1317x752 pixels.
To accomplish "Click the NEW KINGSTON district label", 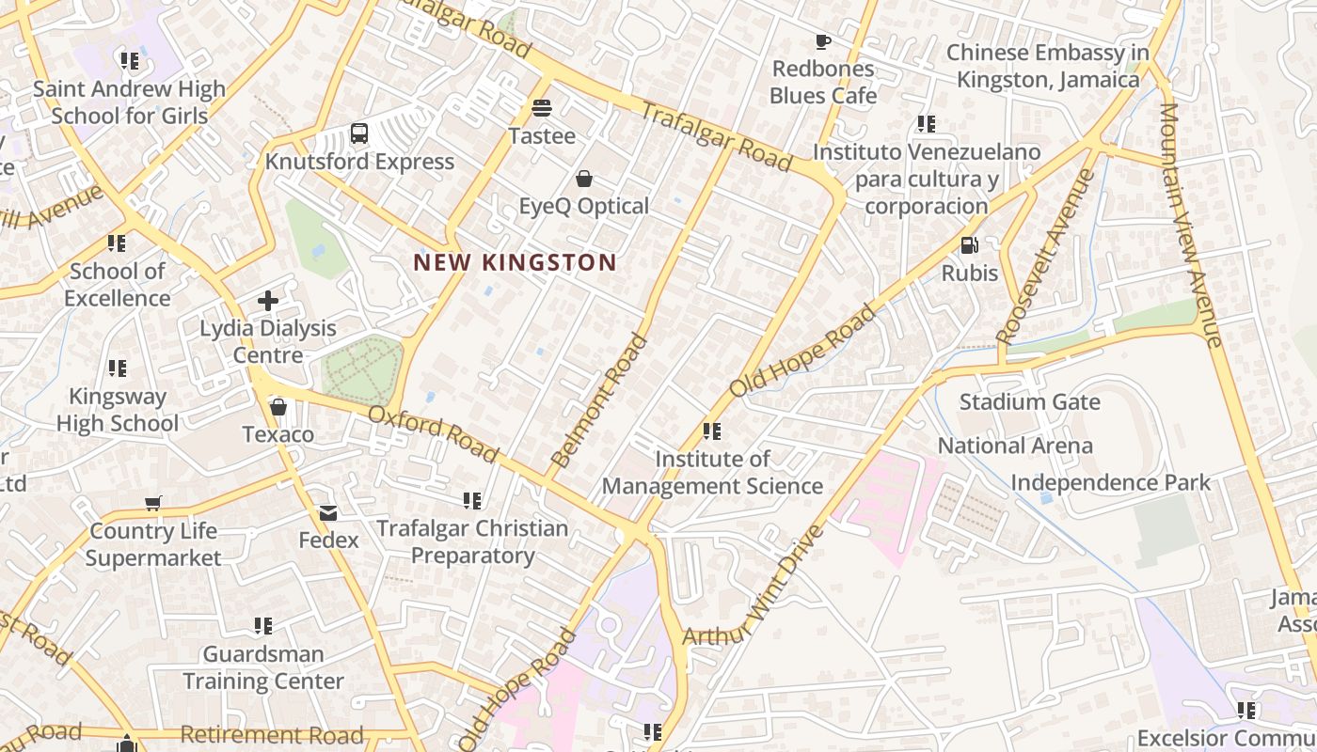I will pyautogui.click(x=515, y=263).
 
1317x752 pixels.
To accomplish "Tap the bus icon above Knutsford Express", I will pyautogui.click(x=359, y=133).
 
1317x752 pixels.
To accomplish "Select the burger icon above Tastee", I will pyautogui.click(x=541, y=108).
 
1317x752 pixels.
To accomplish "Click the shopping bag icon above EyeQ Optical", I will pyautogui.click(x=584, y=179).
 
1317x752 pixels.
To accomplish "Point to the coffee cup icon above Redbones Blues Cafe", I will pyautogui.click(x=822, y=41).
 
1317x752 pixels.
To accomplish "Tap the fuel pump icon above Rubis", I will pyautogui.click(x=969, y=245).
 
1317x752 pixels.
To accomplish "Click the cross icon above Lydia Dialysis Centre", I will pyautogui.click(x=268, y=301).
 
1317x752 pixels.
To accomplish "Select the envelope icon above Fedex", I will pyautogui.click(x=328, y=513).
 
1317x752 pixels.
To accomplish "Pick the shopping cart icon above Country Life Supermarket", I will pyautogui.click(x=153, y=503).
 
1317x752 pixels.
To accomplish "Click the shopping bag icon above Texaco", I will pyautogui.click(x=278, y=407).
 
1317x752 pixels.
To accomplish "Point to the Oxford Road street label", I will pyautogui.click(x=433, y=433).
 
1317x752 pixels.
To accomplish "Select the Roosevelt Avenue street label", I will pyautogui.click(x=1046, y=256).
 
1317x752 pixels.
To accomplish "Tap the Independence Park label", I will pyautogui.click(x=1110, y=483).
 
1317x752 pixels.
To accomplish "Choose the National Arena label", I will pyautogui.click(x=1015, y=446).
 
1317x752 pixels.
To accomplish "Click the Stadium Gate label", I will pyautogui.click(x=1029, y=402).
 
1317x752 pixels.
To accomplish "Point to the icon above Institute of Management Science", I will pyautogui.click(x=712, y=431).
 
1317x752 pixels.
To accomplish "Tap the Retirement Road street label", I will pyautogui.click(x=271, y=735).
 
